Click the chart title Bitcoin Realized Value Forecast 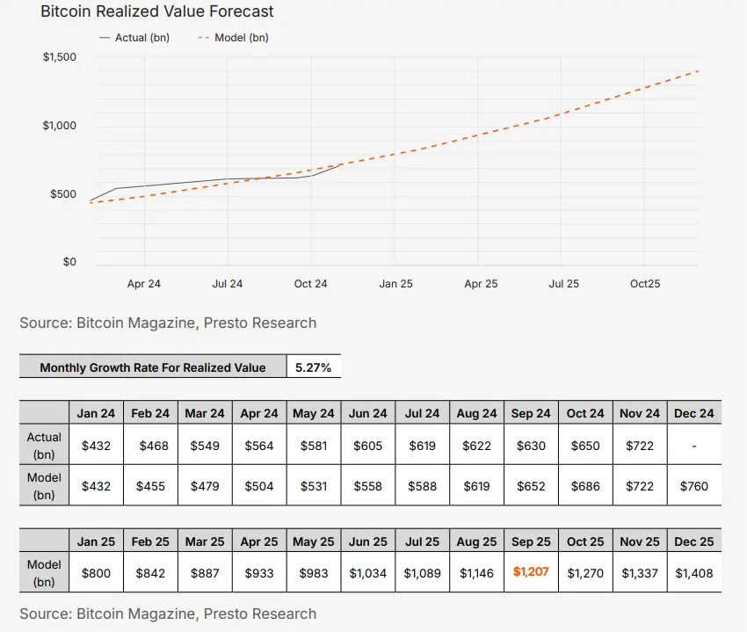tap(157, 12)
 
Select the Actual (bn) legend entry tap(134, 39)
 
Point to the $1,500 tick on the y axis tap(60, 58)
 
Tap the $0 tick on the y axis tap(69, 262)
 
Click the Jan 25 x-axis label tap(395, 284)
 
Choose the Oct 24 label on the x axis tap(310, 284)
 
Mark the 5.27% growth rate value tap(314, 367)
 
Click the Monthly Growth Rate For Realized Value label tap(153, 367)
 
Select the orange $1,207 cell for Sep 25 tap(531, 572)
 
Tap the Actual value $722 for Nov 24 tap(640, 446)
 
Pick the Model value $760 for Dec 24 tap(694, 486)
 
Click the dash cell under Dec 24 tap(694, 446)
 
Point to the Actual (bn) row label tap(44, 445)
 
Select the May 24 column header tap(314, 413)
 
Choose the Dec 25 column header tap(694, 541)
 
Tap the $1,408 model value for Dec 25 tap(694, 573)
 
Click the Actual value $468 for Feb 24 tap(151, 446)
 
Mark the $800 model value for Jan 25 tap(97, 573)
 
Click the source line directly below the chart tap(168, 323)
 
